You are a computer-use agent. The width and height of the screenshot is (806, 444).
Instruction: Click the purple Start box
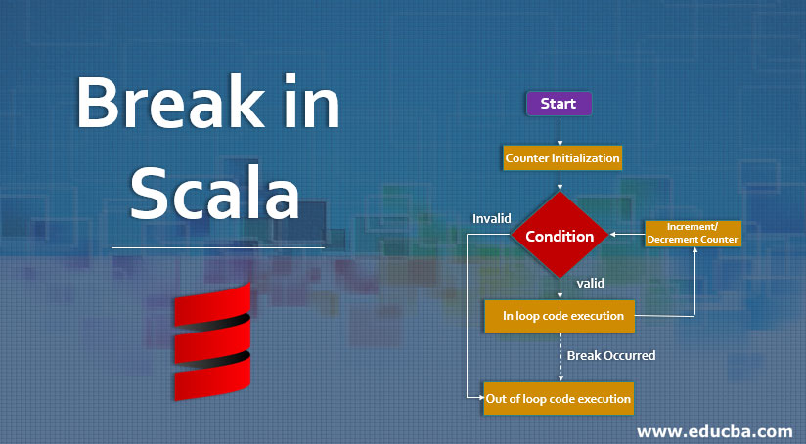pos(559,104)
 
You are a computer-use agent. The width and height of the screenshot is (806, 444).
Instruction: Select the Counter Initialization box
pos(562,156)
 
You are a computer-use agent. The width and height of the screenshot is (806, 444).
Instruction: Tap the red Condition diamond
pos(560,236)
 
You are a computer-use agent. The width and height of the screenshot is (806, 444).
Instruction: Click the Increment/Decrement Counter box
pos(693,234)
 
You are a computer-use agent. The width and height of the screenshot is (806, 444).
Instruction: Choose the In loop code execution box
pos(560,316)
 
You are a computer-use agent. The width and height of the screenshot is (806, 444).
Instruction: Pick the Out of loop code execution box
pos(559,399)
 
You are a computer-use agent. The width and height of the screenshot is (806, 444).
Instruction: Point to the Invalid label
pos(492,217)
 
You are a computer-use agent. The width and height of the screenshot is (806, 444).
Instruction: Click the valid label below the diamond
pos(590,283)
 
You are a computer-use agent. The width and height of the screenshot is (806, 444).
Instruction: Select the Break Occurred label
pos(611,355)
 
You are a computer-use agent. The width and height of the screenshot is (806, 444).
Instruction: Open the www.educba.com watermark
pos(714,430)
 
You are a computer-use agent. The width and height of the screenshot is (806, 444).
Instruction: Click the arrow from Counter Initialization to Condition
pos(560,180)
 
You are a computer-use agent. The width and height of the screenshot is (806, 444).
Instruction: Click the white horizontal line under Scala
pos(217,247)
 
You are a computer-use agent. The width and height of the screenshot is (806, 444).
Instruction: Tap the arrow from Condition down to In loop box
pos(560,289)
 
